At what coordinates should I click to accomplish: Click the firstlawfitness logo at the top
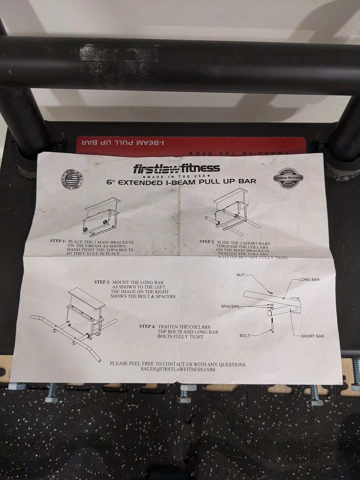click(x=176, y=168)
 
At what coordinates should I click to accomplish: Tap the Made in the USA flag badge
click(x=72, y=180)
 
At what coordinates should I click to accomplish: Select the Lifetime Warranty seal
click(x=288, y=178)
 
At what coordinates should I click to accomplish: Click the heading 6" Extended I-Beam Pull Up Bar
click(x=181, y=182)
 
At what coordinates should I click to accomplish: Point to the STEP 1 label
click(x=58, y=241)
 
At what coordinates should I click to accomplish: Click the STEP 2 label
click(x=207, y=242)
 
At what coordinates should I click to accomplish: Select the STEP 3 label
click(x=102, y=282)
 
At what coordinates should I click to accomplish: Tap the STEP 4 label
click(x=147, y=326)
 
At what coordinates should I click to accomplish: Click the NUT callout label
click(x=240, y=275)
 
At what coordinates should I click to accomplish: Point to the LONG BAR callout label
click(x=309, y=279)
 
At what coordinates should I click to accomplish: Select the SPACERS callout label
click(x=230, y=306)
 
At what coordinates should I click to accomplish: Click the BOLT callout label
click(x=244, y=335)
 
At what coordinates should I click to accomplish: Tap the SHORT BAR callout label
click(x=312, y=336)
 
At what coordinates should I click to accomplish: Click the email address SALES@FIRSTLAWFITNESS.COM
click(x=178, y=369)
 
